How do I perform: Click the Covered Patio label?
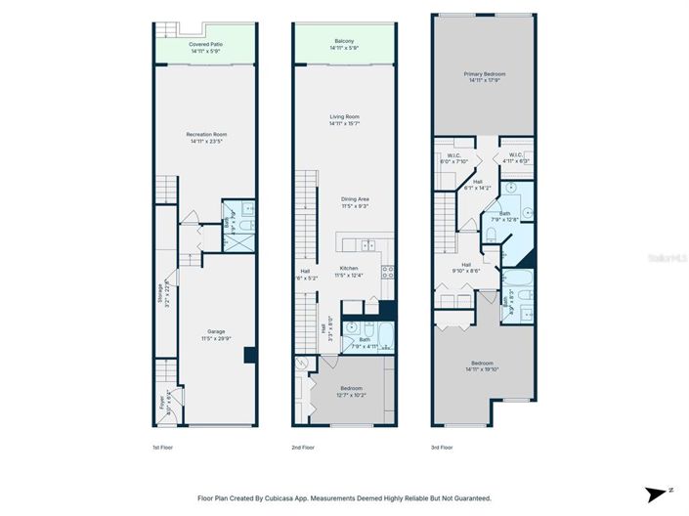tap(205, 46)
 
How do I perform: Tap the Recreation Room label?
tap(206, 138)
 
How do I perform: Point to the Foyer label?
tap(162, 400)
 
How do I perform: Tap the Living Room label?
tap(345, 119)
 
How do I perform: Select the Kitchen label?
tap(348, 271)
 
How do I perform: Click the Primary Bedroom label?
tap(483, 77)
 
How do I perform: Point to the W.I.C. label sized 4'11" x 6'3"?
tap(515, 158)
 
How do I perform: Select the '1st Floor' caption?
tap(163, 447)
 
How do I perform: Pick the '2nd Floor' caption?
tap(304, 447)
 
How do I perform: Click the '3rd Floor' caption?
tap(444, 447)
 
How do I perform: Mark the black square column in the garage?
tap(249, 356)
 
